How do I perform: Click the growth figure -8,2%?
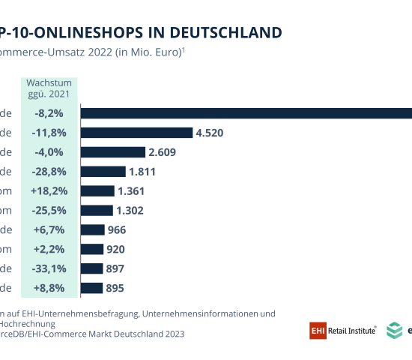coord(49,113)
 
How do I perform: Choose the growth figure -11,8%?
coord(49,133)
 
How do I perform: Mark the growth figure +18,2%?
coord(49,191)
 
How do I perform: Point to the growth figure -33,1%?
coord(49,268)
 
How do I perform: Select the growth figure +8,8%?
coord(49,288)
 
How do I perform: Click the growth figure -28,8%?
coord(49,172)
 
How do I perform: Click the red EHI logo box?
coord(317,329)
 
